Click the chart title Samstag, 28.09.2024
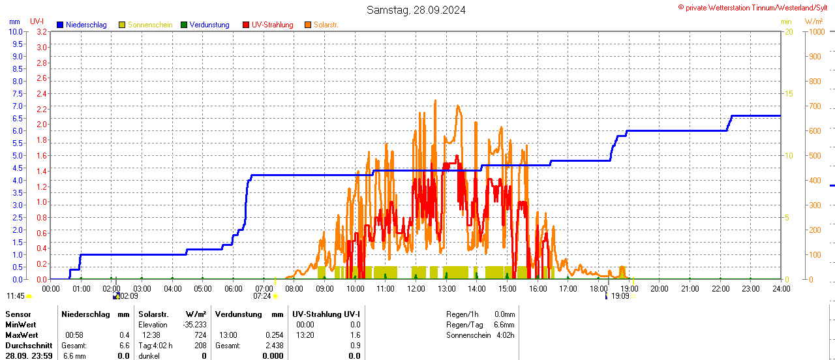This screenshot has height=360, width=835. coord(416,10)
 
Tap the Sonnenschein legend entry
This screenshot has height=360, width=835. coord(150,25)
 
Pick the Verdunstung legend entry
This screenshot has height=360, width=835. coord(209,25)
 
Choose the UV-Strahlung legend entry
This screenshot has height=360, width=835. coord(272,25)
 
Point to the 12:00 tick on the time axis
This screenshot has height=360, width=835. coord(416,288)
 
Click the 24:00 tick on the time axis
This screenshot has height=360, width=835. coord(781,288)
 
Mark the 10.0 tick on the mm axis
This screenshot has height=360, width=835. coord(16,31)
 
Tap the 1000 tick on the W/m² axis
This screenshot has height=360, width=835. coord(815,31)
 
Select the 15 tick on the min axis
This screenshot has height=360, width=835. coord(789,93)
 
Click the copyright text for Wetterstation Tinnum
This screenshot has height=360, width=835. coord(755,7)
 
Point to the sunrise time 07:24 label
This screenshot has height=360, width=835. coord(262,296)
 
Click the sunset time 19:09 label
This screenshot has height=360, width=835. coord(620,296)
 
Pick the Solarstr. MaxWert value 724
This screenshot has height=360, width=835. coord(200,335)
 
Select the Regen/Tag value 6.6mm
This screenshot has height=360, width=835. coord(504,325)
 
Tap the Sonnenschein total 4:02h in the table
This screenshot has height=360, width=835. coord(504,335)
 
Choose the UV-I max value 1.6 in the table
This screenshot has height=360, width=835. coord(355,335)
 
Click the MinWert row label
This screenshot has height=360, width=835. coord(21,325)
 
